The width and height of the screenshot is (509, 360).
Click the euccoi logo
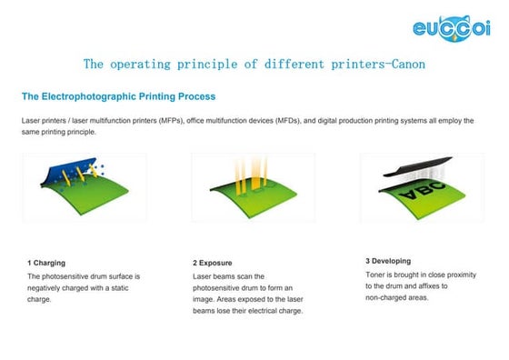click(454, 27)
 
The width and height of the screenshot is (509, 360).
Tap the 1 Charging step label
click(46, 263)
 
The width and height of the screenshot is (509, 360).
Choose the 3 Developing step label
click(388, 261)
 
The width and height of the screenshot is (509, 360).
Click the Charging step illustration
click(84, 187)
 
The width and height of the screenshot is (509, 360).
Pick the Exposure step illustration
click(253, 187)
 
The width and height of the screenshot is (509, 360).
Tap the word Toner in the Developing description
click(376, 273)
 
